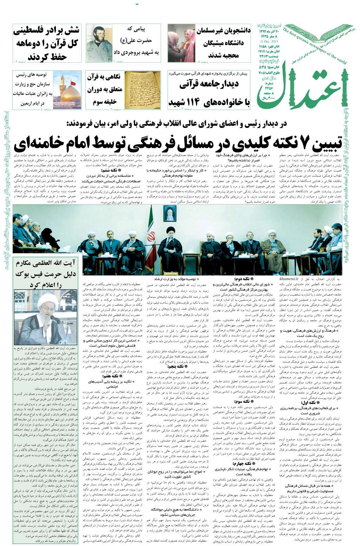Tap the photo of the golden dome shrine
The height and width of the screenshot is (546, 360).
coord(67,90)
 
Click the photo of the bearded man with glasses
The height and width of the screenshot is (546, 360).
coord(99,43)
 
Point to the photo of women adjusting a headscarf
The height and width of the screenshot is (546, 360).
coord(181,43)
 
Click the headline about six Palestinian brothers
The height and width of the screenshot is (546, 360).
coord(47,43)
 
